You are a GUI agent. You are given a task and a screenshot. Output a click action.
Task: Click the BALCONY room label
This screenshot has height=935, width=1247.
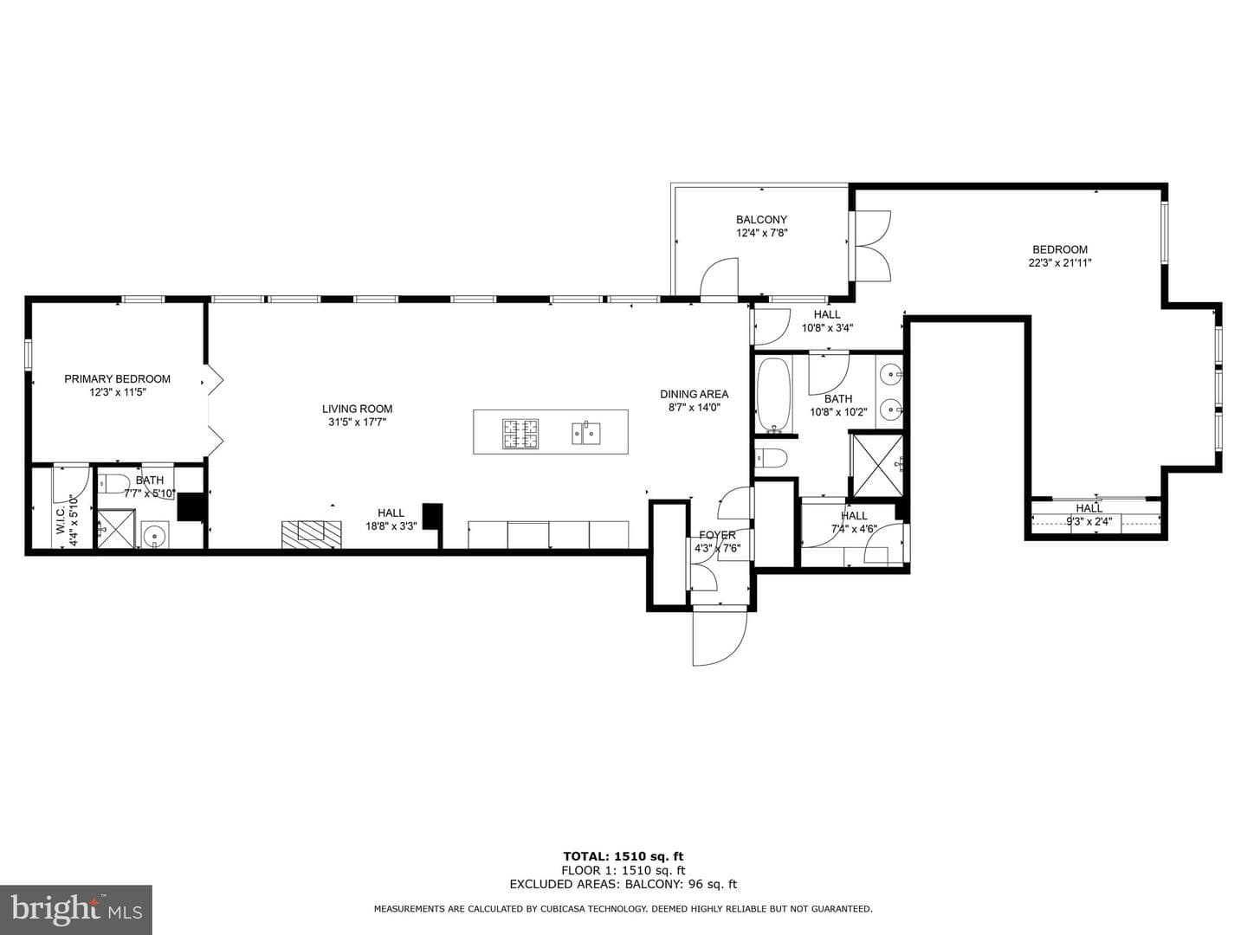[x=761, y=220]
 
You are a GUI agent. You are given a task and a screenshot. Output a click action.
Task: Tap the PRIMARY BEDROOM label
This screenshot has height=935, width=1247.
[x=117, y=378]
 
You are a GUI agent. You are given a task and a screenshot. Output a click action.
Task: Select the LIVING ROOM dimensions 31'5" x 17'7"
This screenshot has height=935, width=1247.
[x=357, y=422]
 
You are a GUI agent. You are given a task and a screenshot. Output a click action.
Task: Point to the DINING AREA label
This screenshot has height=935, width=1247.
[x=694, y=394]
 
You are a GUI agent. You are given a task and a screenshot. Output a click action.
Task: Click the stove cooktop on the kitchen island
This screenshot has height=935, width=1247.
[x=520, y=434]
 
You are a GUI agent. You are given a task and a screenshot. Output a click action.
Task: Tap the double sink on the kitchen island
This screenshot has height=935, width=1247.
[x=585, y=433]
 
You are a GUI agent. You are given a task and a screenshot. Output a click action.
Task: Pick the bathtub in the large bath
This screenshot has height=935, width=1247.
[x=773, y=395]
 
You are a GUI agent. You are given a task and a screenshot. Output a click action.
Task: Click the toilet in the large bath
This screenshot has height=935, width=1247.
[x=771, y=457]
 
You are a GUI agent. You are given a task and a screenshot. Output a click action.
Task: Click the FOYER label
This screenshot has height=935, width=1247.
[x=717, y=535]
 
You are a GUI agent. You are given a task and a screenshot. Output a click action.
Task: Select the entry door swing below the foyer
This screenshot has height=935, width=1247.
[x=720, y=635]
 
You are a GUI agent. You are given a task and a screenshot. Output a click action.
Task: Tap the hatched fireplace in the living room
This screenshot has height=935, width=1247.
[x=312, y=534]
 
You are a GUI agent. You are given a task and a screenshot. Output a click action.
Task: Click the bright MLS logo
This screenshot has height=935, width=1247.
[x=76, y=908]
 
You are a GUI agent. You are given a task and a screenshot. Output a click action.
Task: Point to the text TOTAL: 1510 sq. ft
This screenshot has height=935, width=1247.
[x=623, y=856]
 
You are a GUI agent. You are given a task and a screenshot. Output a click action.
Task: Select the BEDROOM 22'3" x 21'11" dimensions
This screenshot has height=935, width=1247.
[x=1060, y=263]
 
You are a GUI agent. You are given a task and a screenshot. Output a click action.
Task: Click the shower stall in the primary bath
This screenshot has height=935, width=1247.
[x=116, y=528]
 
